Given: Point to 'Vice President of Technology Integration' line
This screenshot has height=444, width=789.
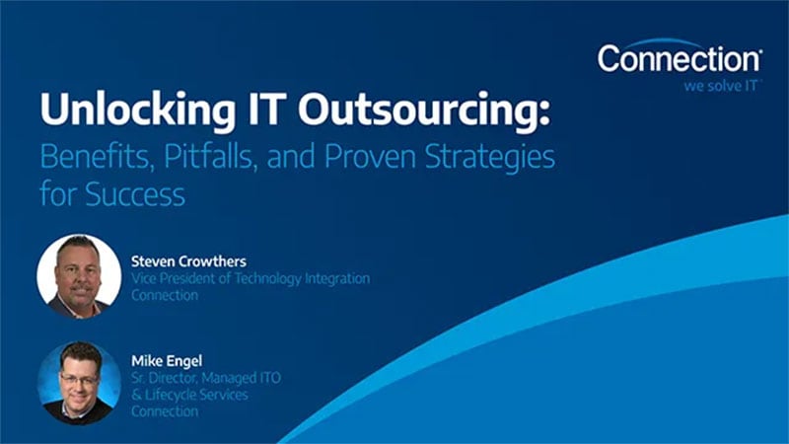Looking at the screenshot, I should (251, 279).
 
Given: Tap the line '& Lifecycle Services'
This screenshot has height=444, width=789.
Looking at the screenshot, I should (189, 395).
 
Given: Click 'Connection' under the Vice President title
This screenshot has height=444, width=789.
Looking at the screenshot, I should (165, 295).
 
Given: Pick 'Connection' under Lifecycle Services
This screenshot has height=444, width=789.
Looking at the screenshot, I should (165, 410).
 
